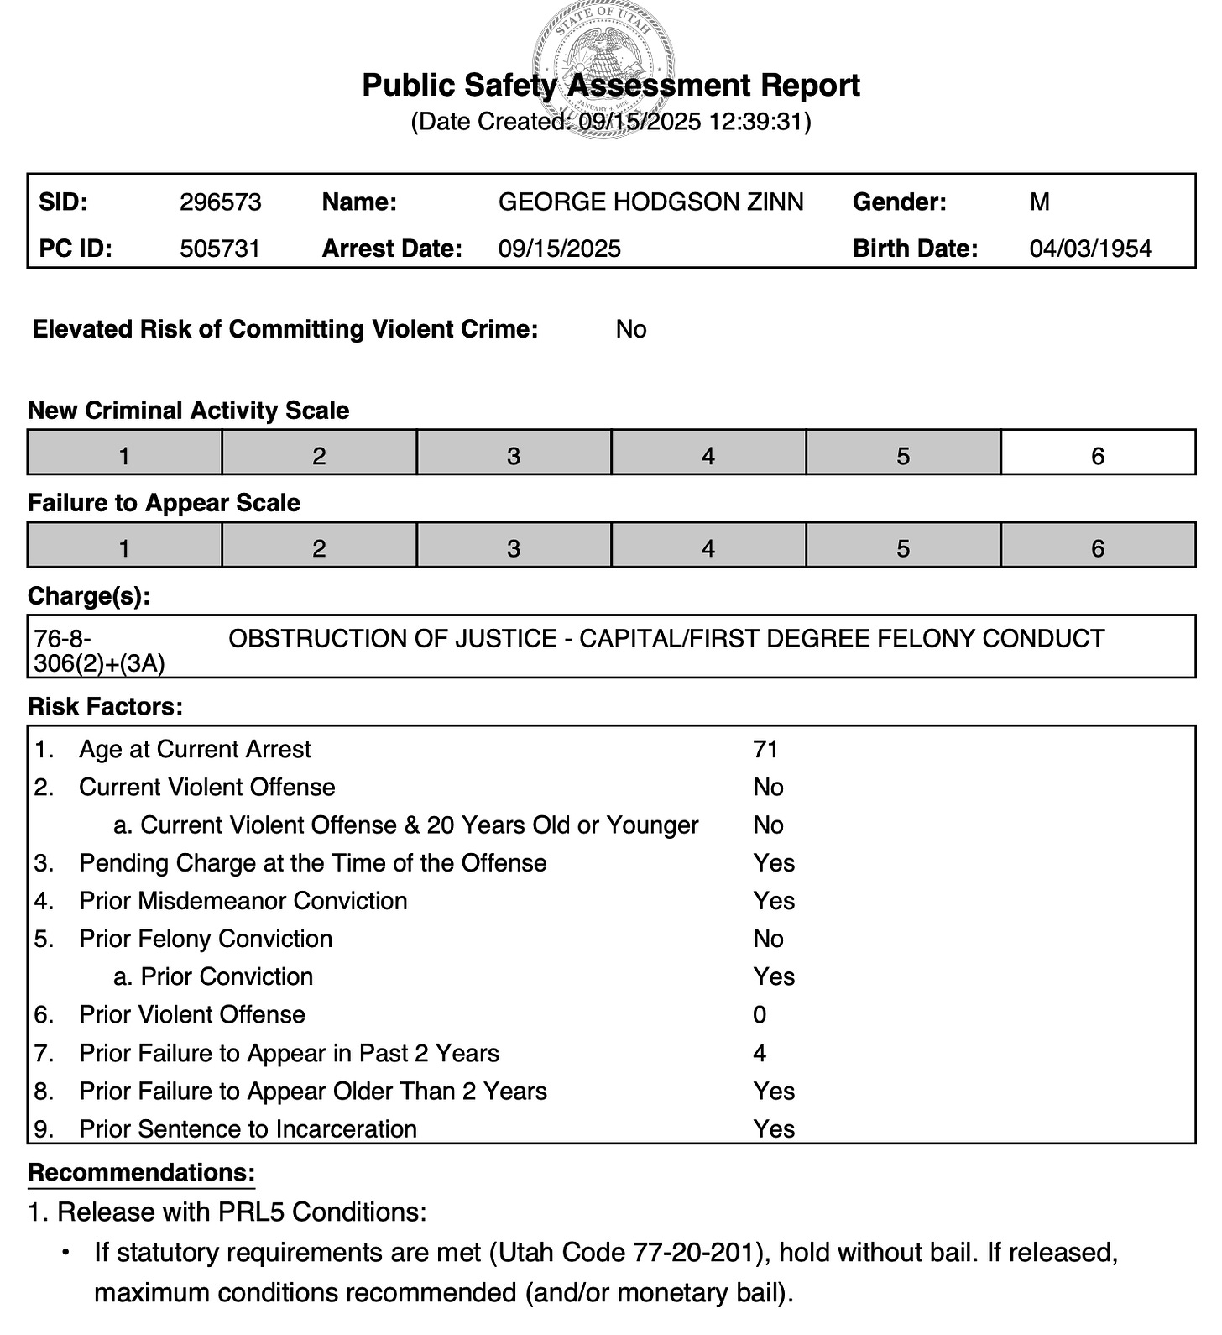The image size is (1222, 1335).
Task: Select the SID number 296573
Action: [x=221, y=202]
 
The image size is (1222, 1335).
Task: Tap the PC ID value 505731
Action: [x=221, y=249]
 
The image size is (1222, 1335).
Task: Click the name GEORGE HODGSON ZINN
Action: [x=650, y=202]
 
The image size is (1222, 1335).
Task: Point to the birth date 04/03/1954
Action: [x=1090, y=249]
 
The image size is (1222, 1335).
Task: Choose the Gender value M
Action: [x=1040, y=202]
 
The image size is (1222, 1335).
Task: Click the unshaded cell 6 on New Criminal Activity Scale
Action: [x=1098, y=456]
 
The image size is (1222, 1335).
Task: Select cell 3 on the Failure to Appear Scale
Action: [x=514, y=548]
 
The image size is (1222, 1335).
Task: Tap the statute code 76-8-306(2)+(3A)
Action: [x=99, y=652]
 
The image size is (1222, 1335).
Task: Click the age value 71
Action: [x=765, y=749]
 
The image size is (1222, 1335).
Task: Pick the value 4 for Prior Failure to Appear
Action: [x=760, y=1053]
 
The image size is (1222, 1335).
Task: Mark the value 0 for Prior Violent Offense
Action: [x=760, y=1015]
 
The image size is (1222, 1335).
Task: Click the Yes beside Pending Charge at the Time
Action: [x=774, y=863]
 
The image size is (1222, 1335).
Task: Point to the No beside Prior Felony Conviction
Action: [x=768, y=939]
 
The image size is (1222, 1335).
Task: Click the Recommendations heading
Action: [x=141, y=1173]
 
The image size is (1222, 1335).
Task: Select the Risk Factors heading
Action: [x=105, y=707]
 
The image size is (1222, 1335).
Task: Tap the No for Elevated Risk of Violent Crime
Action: [x=631, y=329]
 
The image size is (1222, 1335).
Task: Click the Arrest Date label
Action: [x=392, y=249]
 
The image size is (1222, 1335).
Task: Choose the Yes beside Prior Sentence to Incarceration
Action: [x=774, y=1129]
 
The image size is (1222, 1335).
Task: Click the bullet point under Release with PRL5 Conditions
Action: [x=65, y=1253]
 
